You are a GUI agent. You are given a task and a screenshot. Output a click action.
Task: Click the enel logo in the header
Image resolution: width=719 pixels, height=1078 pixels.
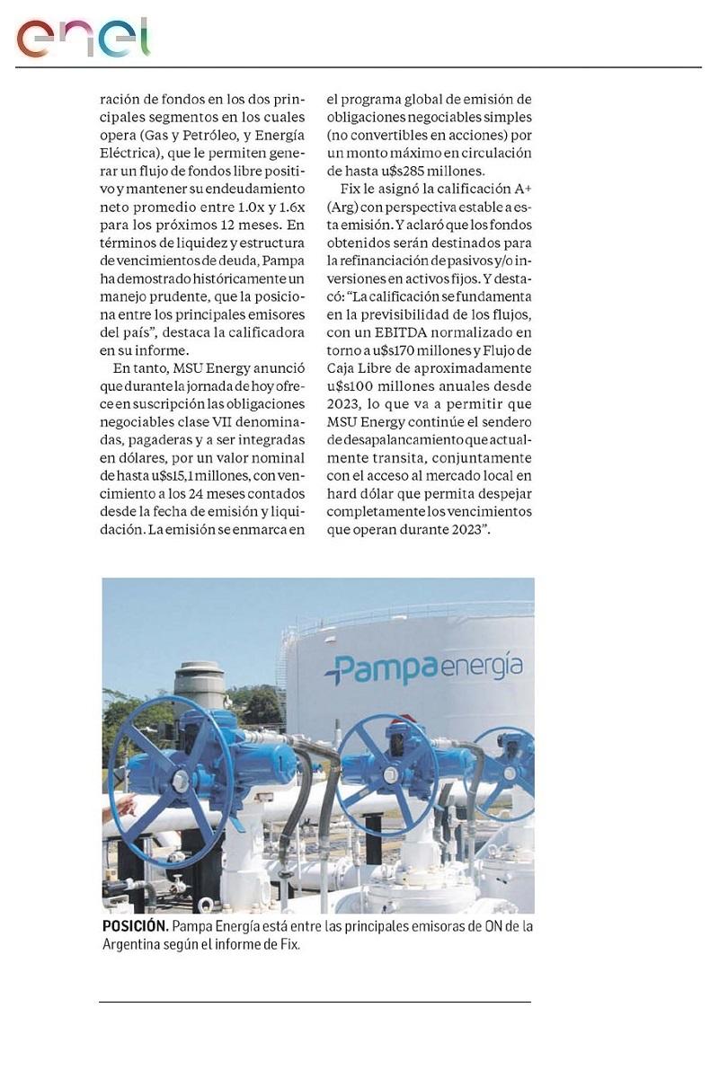tap(83, 38)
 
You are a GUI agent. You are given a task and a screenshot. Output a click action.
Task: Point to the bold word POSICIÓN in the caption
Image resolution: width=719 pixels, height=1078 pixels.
tap(134, 927)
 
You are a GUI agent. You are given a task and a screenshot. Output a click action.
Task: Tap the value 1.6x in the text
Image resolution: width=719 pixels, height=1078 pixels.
tap(288, 225)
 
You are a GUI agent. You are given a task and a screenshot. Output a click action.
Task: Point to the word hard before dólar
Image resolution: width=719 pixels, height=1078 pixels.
tap(344, 494)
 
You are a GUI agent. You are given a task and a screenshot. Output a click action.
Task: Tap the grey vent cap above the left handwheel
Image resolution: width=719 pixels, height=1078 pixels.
tap(200, 673)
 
